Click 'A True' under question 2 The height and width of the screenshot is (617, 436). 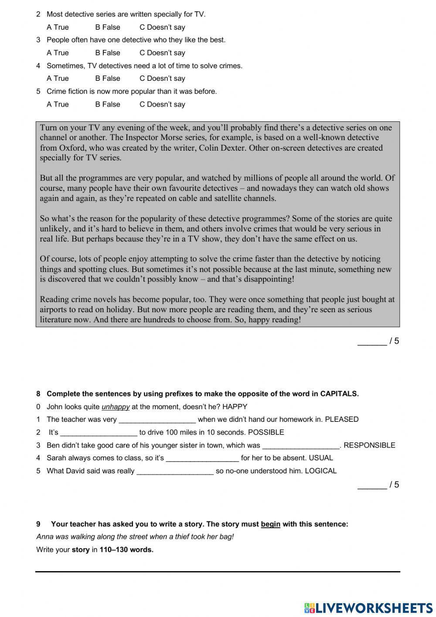click(x=58, y=27)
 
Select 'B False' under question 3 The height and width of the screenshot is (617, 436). click(x=107, y=53)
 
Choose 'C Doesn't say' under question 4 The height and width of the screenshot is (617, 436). click(x=162, y=79)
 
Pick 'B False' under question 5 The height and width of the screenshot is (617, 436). click(x=107, y=104)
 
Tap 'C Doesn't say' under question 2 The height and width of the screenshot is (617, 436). click(x=162, y=27)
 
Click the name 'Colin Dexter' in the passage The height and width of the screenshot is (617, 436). click(x=223, y=148)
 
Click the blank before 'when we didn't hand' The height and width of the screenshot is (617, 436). click(x=157, y=420)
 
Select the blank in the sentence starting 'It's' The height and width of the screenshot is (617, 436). click(x=99, y=433)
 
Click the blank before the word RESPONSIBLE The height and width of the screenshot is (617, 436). click(x=301, y=445)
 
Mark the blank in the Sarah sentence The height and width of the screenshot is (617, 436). click(x=202, y=458)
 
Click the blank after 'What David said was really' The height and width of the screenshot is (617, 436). click(x=175, y=471)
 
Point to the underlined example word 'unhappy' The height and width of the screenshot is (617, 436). click(x=116, y=407)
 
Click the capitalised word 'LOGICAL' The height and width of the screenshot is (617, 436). click(x=320, y=471)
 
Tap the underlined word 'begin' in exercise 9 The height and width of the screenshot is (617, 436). click(x=270, y=524)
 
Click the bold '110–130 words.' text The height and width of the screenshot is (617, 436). click(x=126, y=550)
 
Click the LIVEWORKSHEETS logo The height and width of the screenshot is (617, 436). click(x=368, y=607)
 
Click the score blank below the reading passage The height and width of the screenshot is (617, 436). click(x=371, y=341)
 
